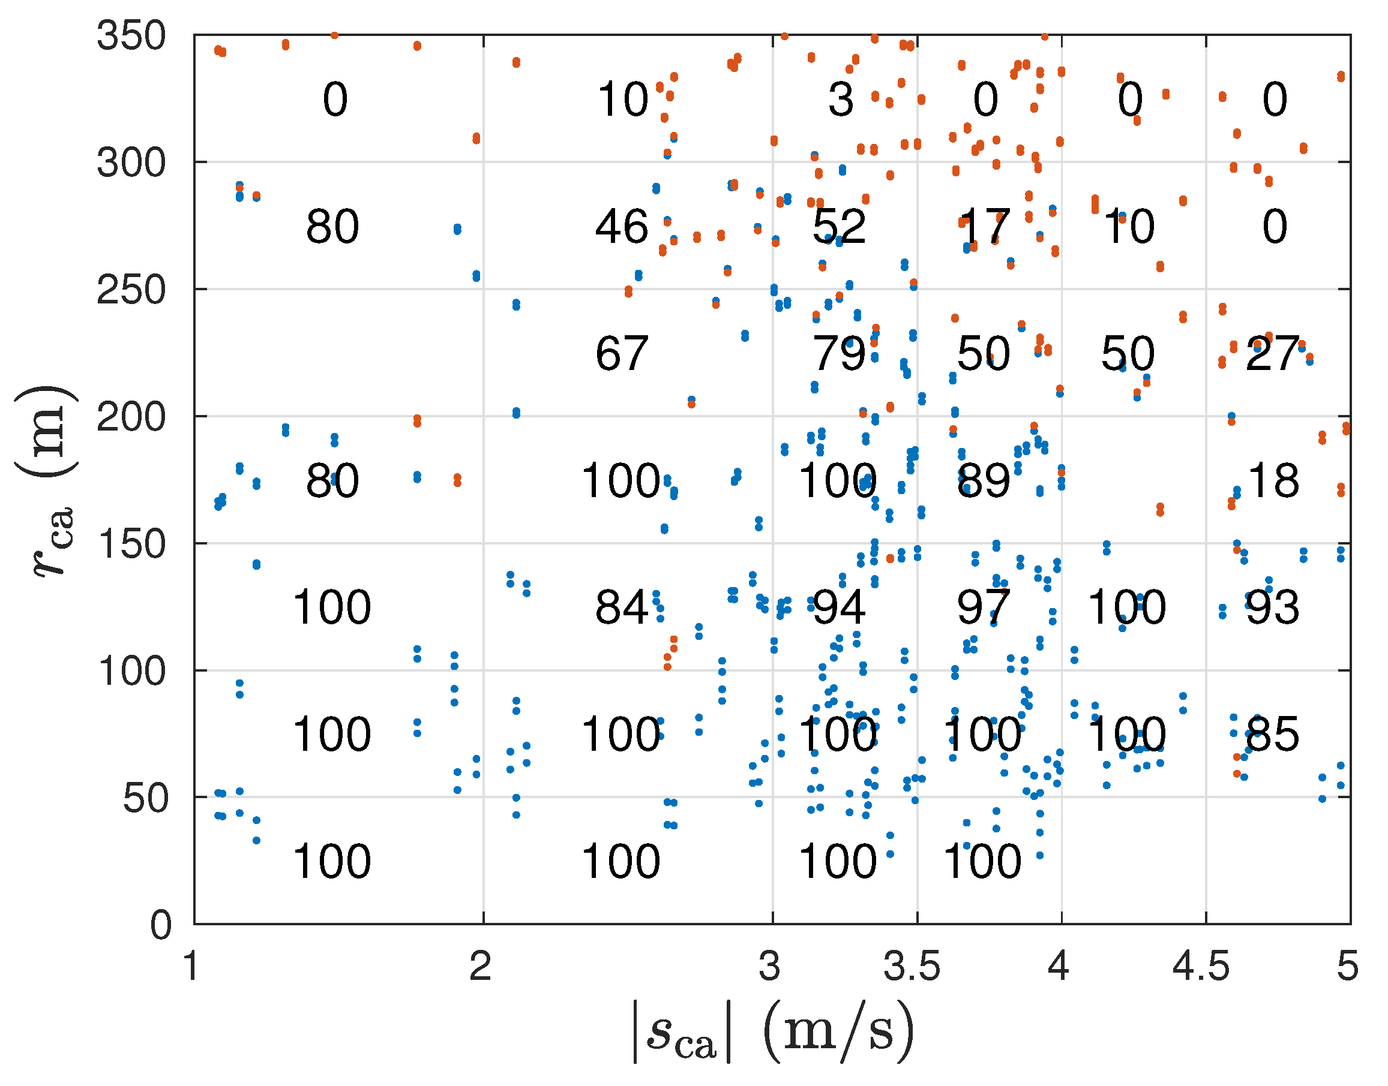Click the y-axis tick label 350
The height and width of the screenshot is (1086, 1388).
[131, 35]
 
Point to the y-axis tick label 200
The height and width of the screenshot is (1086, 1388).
[131, 417]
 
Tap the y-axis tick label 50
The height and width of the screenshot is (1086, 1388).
[147, 799]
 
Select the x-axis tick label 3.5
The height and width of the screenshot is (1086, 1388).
[912, 967]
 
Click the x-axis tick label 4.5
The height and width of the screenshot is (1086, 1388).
[1201, 967]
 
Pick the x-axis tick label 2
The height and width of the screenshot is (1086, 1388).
[481, 967]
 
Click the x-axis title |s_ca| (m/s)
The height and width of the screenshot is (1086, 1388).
[773, 1031]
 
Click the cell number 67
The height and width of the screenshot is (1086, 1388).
[622, 354]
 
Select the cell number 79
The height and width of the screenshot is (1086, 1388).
[838, 354]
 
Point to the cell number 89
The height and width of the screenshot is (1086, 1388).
[984, 481]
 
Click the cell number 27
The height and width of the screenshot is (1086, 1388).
[1272, 354]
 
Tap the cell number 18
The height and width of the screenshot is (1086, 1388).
[1273, 481]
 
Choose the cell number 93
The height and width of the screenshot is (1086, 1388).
[1272, 608]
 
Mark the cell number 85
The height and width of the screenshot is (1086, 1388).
[1272, 735]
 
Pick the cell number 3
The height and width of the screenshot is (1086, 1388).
[840, 100]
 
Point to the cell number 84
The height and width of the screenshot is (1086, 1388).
[622, 608]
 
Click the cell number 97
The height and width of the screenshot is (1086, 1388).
[984, 608]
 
